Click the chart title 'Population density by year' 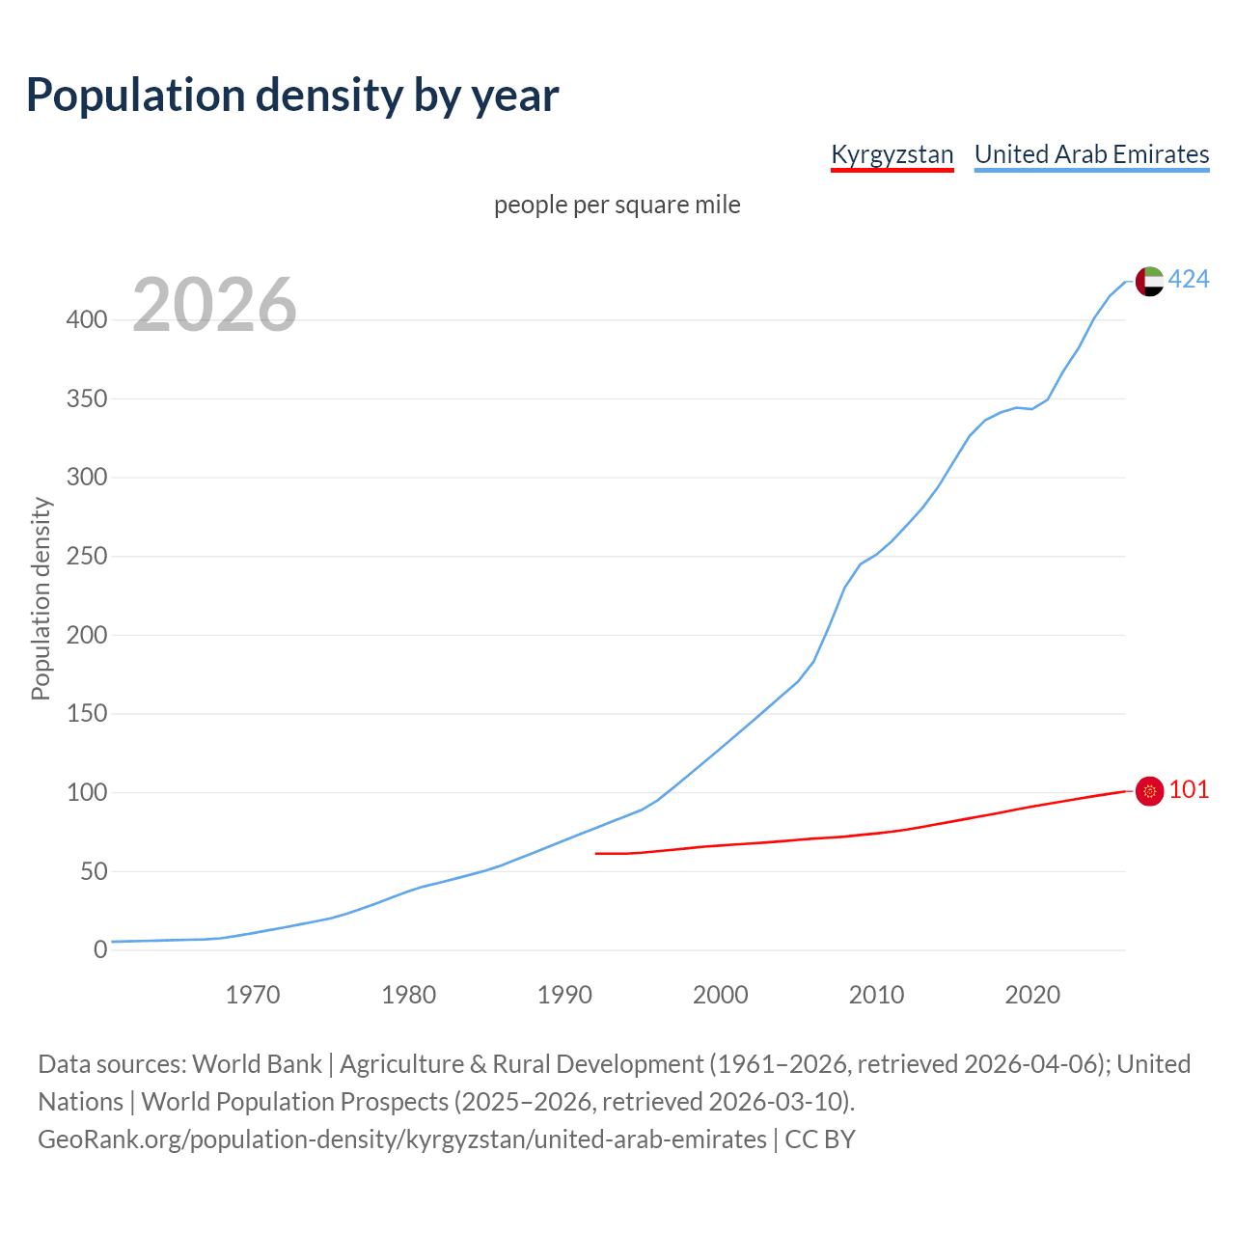tap(292, 95)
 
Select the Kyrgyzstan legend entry tap(892, 154)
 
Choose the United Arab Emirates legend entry tap(1091, 154)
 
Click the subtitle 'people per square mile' tap(617, 205)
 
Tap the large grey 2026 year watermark tap(214, 305)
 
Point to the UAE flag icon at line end tap(1149, 281)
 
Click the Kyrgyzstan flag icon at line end tap(1149, 791)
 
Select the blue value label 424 tap(1189, 279)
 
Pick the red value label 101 tap(1189, 789)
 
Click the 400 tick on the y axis tap(87, 319)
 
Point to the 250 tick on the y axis tap(87, 557)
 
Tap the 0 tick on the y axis tap(100, 950)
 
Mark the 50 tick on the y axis tap(93, 871)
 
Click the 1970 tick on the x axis tap(253, 994)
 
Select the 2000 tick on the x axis tap(721, 994)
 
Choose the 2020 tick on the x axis tap(1032, 994)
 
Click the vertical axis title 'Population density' tap(41, 598)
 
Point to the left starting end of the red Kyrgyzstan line tap(597, 853)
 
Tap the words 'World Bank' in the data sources tap(257, 1063)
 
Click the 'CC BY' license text tap(820, 1139)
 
